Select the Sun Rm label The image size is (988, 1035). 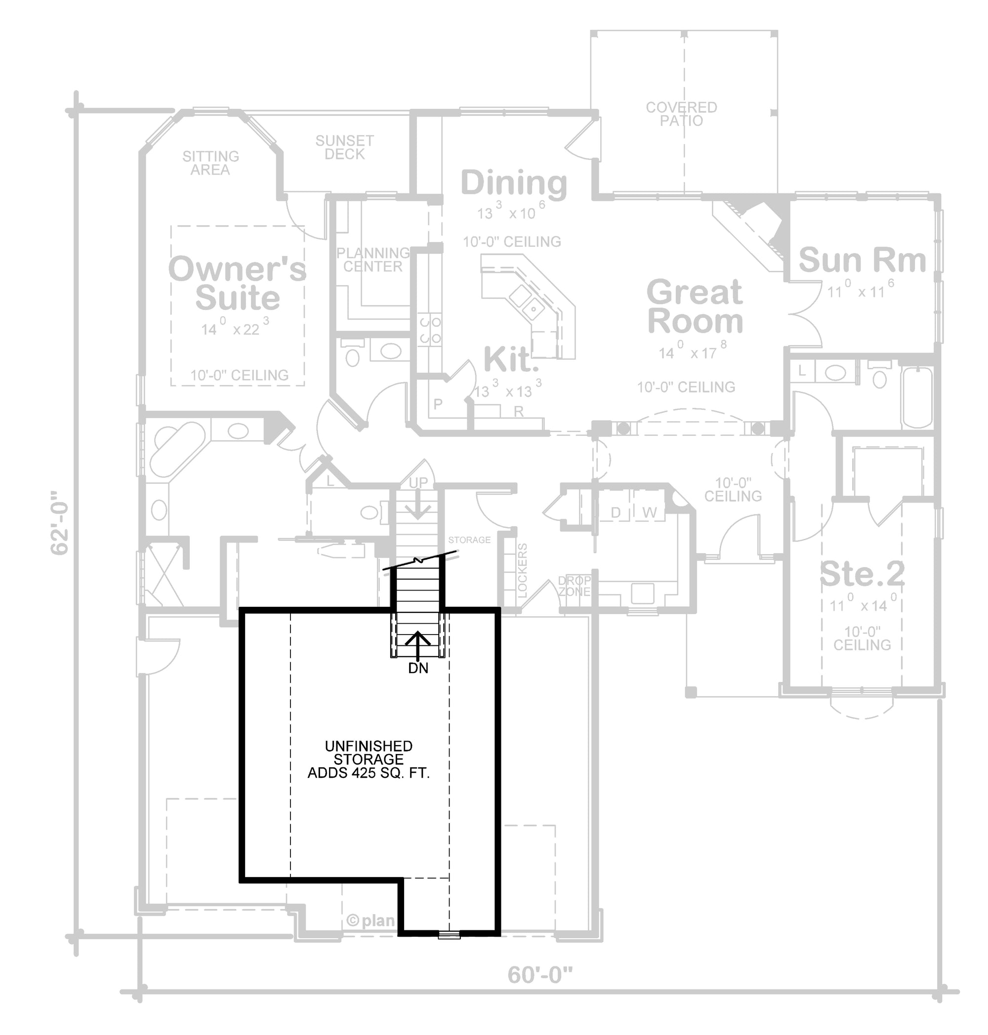(862, 260)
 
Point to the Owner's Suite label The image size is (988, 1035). (237, 283)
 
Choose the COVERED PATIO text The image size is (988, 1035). (682, 114)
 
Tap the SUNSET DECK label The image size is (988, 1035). (344, 148)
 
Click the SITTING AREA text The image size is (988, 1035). (210, 162)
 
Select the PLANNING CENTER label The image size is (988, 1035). (373, 260)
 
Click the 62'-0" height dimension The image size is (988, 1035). (59, 523)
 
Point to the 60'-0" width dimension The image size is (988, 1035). (540, 975)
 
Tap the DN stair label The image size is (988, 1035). (418, 668)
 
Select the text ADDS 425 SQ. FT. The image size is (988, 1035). (369, 773)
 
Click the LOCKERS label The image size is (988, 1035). (523, 571)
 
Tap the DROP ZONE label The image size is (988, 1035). (575, 586)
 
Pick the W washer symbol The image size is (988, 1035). (649, 512)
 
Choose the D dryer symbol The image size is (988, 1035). (616, 512)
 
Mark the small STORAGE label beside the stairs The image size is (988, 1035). (469, 540)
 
